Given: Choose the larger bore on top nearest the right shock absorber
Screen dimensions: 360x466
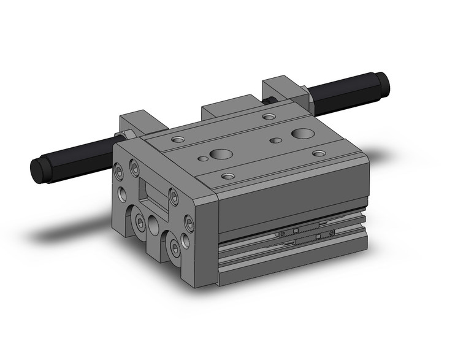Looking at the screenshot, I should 301,134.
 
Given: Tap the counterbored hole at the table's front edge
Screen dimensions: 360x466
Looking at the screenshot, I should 228,177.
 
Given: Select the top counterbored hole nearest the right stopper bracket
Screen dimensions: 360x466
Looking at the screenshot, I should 269,117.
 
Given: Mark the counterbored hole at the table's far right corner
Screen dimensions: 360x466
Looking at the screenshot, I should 318,153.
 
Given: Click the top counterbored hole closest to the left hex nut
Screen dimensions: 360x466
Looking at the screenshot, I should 177,140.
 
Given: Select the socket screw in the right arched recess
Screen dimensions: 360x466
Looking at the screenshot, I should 176,248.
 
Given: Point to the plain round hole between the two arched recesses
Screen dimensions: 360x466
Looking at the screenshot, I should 153,227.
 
